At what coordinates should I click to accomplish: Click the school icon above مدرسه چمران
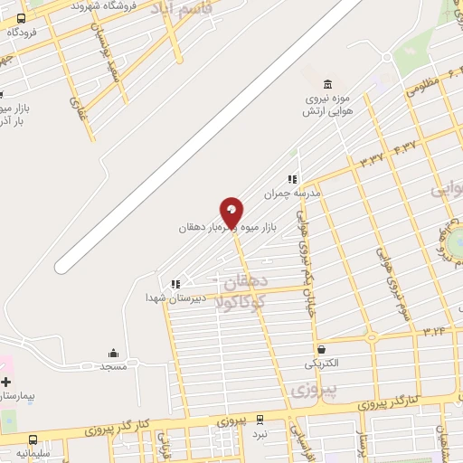click(292, 179)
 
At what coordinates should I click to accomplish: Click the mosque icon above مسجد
click(114, 353)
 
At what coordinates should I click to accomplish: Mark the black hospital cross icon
click(7, 383)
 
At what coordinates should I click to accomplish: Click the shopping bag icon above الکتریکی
click(321, 349)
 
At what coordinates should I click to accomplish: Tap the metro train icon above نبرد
click(260, 420)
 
